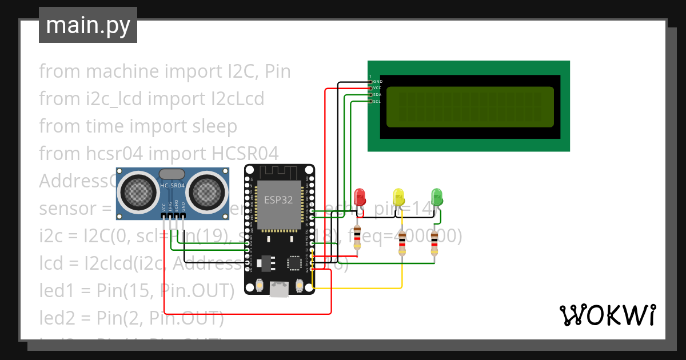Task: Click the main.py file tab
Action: coord(87,25)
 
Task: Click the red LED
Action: coord(360,197)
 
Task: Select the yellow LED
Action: coord(398,197)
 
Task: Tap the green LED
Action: coord(437,197)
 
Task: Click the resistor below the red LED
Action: coord(357,238)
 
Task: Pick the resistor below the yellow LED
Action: coord(402,243)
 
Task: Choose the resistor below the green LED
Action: coord(434,243)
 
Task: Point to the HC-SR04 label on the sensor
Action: coord(172,186)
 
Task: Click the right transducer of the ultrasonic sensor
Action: coord(205,190)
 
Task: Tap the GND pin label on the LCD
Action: coord(377,82)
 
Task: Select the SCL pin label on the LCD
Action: coord(377,102)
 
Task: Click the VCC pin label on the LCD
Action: coord(377,88)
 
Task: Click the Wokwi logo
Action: coord(607,315)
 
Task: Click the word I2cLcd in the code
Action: coord(236,98)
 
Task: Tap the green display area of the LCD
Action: coord(470,106)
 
